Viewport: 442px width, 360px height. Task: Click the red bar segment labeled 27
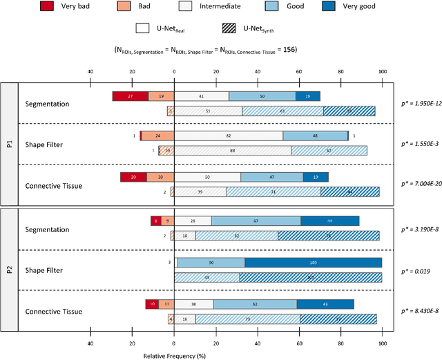130,96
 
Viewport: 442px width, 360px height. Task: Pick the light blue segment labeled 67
256,221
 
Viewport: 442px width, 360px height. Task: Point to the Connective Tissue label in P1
54,185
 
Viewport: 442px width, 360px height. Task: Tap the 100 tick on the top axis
382,72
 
